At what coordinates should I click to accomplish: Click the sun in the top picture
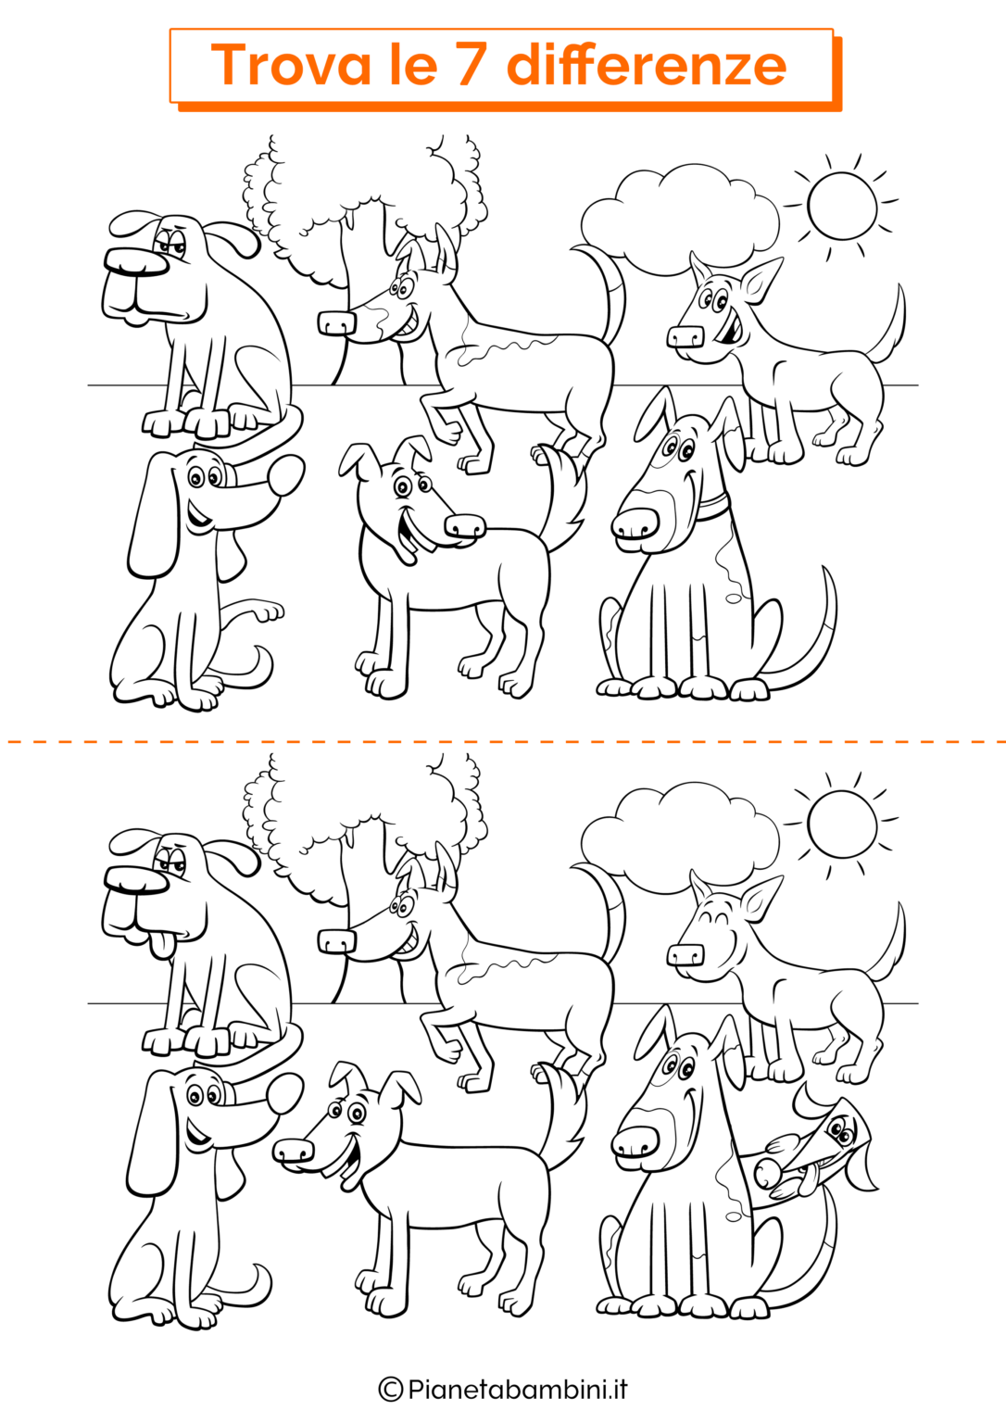tap(842, 207)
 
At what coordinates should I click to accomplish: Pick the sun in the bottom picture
tap(842, 825)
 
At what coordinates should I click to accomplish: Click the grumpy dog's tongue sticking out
tap(163, 945)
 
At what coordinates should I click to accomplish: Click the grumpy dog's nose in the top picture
tap(136, 261)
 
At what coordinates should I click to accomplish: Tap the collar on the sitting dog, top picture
tap(716, 506)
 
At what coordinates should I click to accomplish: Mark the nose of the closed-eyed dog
tap(685, 955)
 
